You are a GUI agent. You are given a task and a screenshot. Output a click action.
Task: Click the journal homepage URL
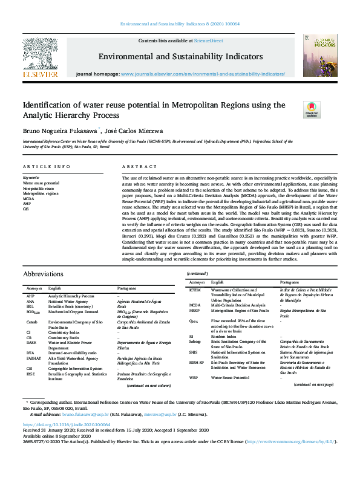coord(203,74)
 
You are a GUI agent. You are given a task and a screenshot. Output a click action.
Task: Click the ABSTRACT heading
coord(140,166)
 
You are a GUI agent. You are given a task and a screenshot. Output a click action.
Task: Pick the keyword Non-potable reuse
coord(38,188)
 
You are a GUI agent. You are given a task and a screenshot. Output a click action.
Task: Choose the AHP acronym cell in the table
coord(30,296)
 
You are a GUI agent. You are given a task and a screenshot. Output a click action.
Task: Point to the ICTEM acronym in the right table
coord(195,290)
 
